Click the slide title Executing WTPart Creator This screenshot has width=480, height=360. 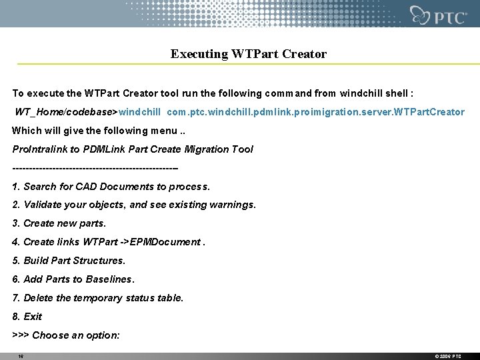click(248, 54)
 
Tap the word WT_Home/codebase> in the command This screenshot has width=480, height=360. click(67, 112)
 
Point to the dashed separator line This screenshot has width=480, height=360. click(95, 167)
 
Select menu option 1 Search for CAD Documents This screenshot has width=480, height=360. click(111, 187)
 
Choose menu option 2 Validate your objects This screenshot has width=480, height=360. click(133, 205)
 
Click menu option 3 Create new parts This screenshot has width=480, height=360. click(59, 223)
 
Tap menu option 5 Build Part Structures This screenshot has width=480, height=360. click(69, 261)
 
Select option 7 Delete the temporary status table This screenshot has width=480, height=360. click(98, 298)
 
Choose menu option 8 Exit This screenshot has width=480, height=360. click(27, 317)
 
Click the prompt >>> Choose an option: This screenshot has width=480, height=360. click(66, 335)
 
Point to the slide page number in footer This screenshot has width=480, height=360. click(21, 356)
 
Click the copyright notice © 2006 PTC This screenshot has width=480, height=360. click(448, 356)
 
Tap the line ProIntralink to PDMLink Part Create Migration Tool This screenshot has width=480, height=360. click(133, 149)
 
